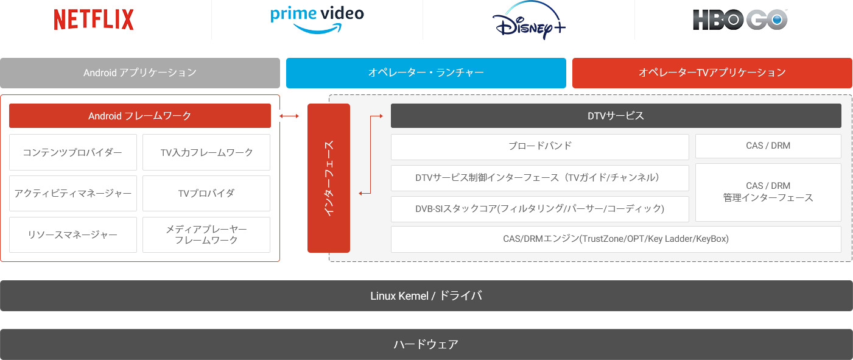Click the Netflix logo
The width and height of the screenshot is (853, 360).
click(94, 19)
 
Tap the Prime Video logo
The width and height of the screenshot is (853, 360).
click(317, 19)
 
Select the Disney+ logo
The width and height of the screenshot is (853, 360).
click(528, 20)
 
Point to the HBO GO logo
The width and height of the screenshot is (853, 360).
click(740, 19)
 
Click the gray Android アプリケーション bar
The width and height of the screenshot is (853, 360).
click(140, 72)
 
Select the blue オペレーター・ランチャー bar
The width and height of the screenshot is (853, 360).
click(426, 72)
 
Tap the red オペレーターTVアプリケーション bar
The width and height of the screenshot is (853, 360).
click(712, 72)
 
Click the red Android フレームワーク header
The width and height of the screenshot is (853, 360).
click(140, 116)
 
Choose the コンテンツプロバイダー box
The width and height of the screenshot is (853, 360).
click(73, 152)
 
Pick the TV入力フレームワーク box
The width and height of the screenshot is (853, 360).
click(206, 152)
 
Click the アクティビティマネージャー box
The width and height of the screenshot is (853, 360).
click(73, 194)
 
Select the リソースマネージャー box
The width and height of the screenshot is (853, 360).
click(73, 235)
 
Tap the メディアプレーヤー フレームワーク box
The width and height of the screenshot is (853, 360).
click(206, 235)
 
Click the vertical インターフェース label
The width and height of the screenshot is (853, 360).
click(329, 178)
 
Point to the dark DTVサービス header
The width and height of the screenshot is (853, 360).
click(616, 116)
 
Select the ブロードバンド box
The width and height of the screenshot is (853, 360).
click(539, 147)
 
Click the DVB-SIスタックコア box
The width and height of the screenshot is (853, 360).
click(539, 209)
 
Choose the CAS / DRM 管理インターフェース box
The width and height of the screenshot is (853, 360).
click(768, 192)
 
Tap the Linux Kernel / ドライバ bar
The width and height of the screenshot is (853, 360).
click(426, 296)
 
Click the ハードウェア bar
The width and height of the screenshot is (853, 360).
click(426, 344)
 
